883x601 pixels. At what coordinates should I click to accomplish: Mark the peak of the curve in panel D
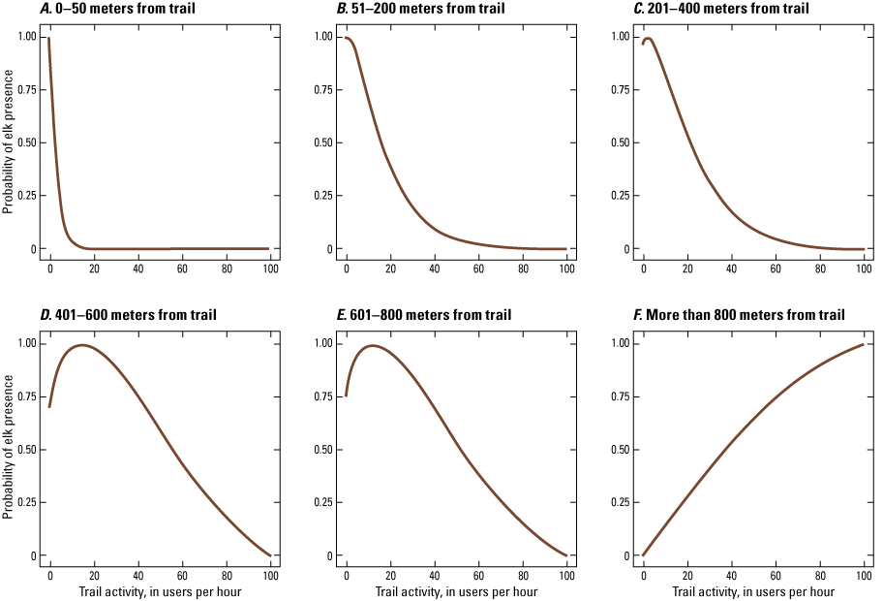(x=82, y=345)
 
